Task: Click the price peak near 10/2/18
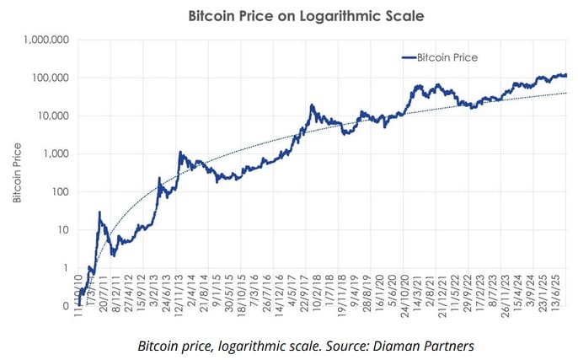click(313, 105)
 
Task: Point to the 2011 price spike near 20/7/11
click(99, 212)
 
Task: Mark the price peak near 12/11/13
click(180, 153)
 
